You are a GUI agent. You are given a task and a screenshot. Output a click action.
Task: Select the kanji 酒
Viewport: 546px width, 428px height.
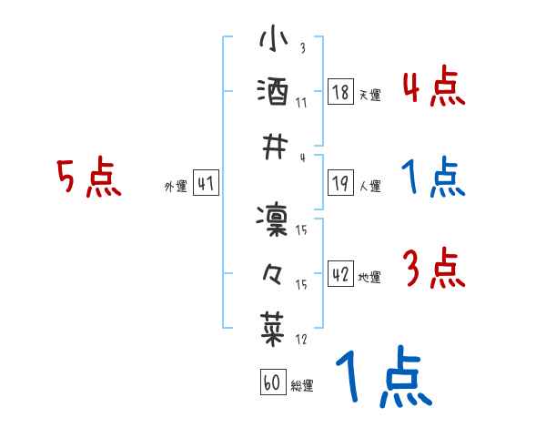coord(274,91)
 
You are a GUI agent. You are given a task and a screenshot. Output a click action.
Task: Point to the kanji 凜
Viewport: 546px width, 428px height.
coord(274,219)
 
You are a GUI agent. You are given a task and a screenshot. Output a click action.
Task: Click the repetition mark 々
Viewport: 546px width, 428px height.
coord(274,271)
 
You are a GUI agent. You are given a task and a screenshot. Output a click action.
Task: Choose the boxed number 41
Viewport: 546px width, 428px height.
coord(205,185)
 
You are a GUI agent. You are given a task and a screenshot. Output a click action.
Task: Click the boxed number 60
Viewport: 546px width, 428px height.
coord(271,383)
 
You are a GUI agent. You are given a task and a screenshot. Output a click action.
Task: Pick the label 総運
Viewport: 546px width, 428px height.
coord(301,386)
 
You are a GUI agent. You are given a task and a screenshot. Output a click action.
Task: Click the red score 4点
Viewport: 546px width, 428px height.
coord(433,87)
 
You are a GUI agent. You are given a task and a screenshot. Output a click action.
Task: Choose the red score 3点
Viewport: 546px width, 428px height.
coord(433,270)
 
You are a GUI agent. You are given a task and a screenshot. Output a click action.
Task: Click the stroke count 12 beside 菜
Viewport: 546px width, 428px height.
coord(301,340)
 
